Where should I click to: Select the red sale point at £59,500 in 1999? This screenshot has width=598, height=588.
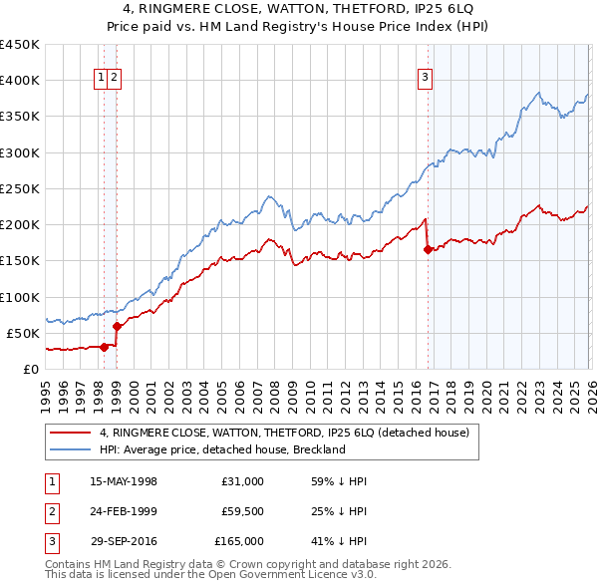[x=117, y=326]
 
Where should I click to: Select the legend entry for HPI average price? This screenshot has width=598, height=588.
[x=221, y=449]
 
